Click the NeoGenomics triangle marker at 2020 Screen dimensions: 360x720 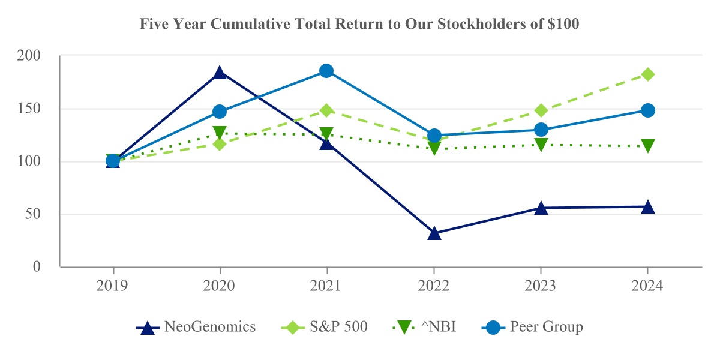click(x=220, y=73)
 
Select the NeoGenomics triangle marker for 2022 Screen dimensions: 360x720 click(x=434, y=233)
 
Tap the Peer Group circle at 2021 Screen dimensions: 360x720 click(x=326, y=71)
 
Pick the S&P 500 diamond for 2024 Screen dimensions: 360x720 click(x=648, y=74)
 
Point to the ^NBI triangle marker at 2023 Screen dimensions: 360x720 click(x=541, y=145)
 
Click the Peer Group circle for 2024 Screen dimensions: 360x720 click(x=648, y=110)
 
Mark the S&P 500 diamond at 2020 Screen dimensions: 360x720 click(x=220, y=144)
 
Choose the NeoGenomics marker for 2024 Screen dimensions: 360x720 click(x=648, y=207)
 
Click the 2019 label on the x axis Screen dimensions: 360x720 click(x=112, y=286)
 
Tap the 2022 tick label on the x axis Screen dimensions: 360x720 click(x=434, y=286)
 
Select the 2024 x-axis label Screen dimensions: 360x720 click(x=648, y=286)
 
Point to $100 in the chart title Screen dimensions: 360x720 click(x=564, y=25)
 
